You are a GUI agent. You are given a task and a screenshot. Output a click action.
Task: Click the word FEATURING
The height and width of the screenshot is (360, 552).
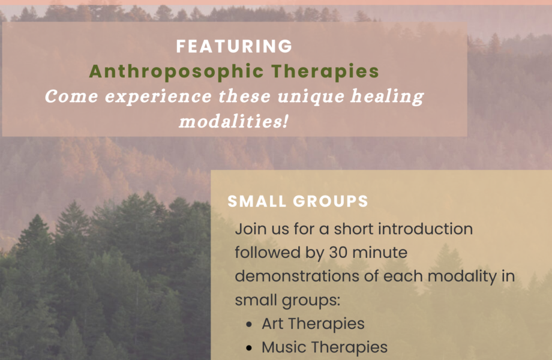click(234, 46)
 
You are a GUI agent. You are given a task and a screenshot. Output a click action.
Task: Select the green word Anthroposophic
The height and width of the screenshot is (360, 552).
click(176, 71)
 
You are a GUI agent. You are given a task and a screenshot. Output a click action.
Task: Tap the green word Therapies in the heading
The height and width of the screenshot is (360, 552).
click(325, 71)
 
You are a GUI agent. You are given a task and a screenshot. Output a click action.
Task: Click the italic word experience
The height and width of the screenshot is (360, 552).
click(158, 97)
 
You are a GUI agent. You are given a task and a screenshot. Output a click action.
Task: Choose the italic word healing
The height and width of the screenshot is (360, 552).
click(387, 97)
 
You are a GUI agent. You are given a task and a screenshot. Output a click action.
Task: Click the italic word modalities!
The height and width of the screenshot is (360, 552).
click(234, 121)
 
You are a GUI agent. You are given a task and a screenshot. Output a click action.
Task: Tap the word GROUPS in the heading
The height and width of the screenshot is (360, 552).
click(330, 201)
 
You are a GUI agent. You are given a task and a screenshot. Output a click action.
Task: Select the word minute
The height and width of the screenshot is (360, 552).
click(379, 253)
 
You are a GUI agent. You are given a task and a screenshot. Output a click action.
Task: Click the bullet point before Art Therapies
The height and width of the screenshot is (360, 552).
click(249, 325)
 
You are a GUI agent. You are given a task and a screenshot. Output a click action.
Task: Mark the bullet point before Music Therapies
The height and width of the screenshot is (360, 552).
click(249, 348)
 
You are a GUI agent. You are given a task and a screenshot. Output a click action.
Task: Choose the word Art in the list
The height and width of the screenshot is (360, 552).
click(272, 324)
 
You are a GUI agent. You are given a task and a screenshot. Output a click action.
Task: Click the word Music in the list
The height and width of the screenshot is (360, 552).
click(284, 347)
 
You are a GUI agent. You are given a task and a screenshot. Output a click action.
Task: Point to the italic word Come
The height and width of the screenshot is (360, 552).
click(71, 97)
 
